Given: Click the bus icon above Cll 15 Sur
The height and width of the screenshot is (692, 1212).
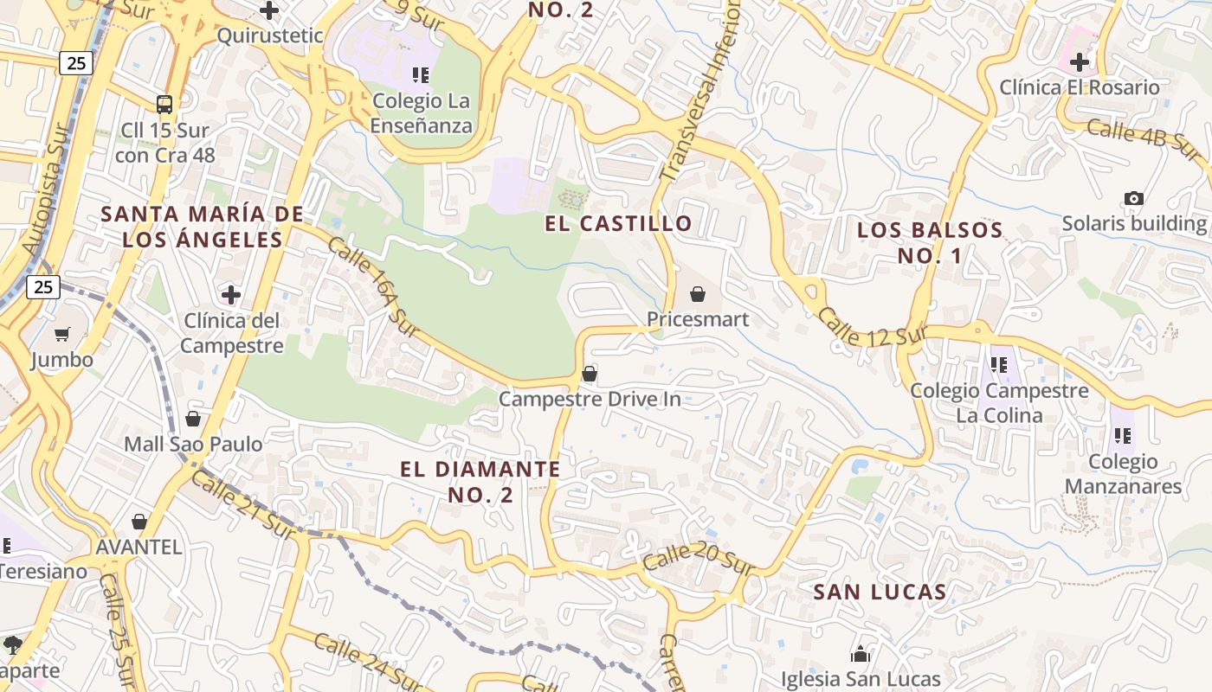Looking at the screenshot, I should (x=164, y=105).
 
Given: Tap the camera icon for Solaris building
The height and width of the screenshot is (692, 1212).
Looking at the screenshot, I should (x=1133, y=198).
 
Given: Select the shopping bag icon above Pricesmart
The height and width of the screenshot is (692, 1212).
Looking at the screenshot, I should (x=698, y=294).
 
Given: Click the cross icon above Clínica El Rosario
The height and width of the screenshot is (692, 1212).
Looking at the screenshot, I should (x=1079, y=62).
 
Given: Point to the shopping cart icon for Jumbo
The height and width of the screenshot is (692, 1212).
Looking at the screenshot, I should (x=62, y=334).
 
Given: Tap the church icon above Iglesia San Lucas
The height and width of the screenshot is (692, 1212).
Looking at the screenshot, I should (x=861, y=653).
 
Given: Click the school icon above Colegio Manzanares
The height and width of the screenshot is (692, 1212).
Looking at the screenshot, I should (x=1123, y=435).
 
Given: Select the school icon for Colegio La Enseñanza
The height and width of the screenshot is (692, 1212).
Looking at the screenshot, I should (x=421, y=75).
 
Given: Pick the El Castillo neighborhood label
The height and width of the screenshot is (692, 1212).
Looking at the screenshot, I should (x=618, y=223).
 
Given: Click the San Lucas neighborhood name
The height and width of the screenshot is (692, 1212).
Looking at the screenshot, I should (x=880, y=592).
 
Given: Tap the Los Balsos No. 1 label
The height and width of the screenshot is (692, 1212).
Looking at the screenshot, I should (x=930, y=243).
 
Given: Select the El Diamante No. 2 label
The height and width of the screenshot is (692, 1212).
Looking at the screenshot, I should (x=480, y=482).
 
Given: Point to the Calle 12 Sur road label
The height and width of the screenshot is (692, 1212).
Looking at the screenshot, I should (x=873, y=329).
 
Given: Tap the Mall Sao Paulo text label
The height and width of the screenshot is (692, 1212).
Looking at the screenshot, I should (x=193, y=445).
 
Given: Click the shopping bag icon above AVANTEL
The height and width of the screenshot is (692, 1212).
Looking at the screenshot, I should (x=139, y=522).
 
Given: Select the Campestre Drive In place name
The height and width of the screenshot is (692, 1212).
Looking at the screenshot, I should (x=590, y=400).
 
